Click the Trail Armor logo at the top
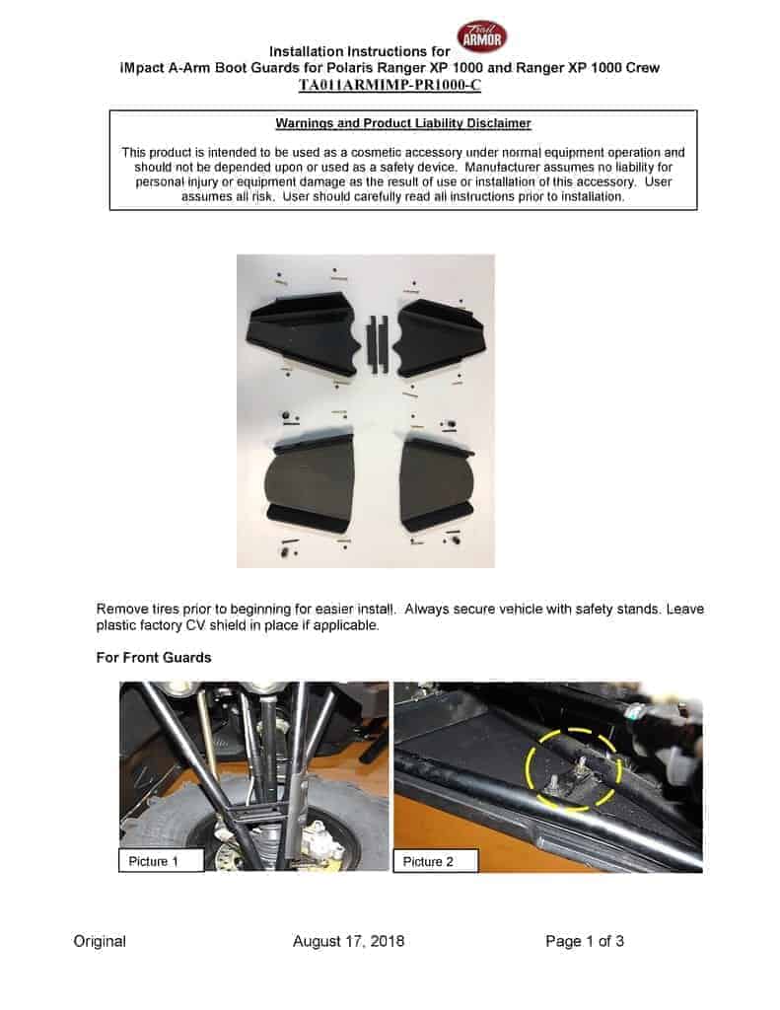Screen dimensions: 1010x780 point(482,36)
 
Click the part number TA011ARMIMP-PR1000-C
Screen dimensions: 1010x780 point(390,86)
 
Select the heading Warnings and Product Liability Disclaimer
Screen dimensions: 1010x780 point(403,123)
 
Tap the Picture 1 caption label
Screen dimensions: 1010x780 point(161,861)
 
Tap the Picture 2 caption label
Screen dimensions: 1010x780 point(435,861)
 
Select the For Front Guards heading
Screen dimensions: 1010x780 point(154,657)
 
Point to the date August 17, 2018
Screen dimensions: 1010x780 point(348,941)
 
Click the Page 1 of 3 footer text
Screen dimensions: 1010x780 point(584,941)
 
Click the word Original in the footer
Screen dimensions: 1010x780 point(100,941)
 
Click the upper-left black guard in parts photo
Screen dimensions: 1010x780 point(300,332)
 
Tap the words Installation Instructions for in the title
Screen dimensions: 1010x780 point(361,50)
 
